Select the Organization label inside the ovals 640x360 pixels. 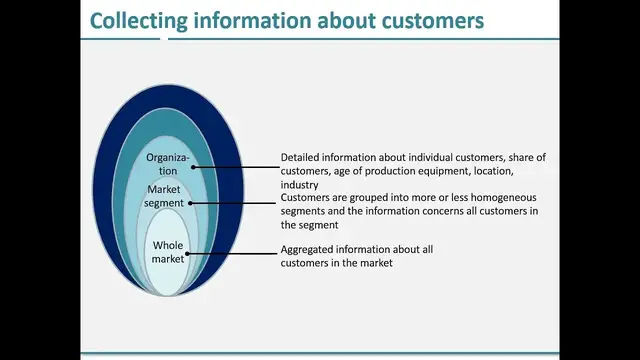(167, 164)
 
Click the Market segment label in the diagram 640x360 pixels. (167, 196)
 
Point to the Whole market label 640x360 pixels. (167, 253)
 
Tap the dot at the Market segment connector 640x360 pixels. (190, 203)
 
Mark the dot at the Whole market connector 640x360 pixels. (187, 253)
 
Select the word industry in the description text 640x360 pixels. (299, 184)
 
